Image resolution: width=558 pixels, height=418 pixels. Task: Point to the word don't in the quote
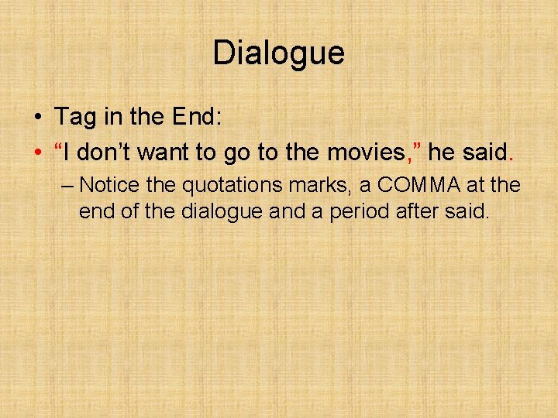pos(105,152)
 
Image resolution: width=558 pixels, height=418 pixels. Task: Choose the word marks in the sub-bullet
pos(309,186)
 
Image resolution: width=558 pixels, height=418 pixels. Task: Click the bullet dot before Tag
pos(37,118)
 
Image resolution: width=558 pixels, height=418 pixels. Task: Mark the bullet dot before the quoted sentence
pos(37,153)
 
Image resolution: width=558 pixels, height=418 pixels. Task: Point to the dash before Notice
pos(67,187)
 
